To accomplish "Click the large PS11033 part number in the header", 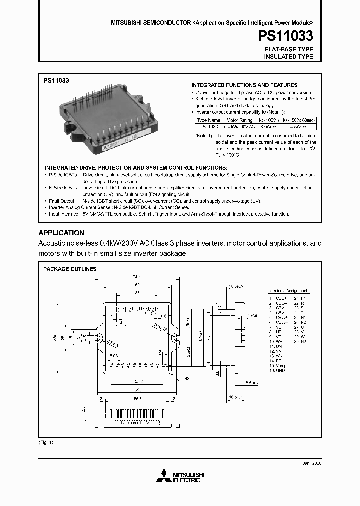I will point(286,36).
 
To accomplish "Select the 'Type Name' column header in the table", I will point(209,120).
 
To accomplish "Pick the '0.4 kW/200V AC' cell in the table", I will point(239,127).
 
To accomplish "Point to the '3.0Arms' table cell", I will point(268,127).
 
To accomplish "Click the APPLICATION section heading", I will point(61,233).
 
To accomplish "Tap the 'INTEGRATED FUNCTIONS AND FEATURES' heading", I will point(244,85).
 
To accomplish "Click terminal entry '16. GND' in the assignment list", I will point(277,370).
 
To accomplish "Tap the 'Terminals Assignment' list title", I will point(288,290).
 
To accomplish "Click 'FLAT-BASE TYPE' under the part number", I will point(288,49).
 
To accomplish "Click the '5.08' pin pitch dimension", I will point(114,356).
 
